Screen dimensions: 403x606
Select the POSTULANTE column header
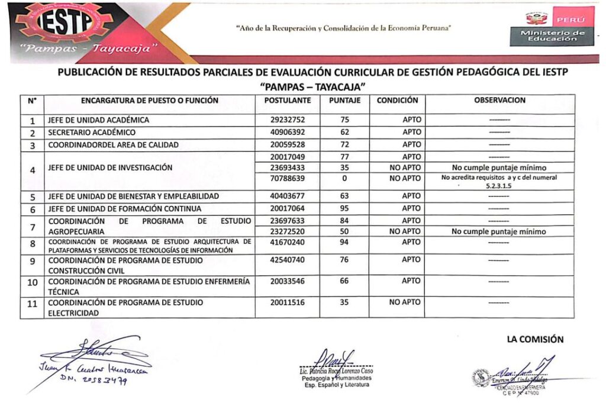287,101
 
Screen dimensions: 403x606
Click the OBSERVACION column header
499,101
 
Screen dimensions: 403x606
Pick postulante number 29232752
287,120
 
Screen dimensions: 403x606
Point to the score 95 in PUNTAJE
345,208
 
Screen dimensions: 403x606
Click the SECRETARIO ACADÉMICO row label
92,133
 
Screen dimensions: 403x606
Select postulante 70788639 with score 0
287,178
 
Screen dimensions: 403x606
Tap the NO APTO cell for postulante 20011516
405,302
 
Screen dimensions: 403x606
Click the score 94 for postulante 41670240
345,242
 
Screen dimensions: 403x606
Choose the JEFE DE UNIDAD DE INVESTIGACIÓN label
110,167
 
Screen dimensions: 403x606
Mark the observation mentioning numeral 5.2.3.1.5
499,181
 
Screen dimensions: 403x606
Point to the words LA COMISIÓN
535,340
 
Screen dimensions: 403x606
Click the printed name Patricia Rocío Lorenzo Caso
336,371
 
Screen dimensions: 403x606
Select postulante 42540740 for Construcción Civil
287,259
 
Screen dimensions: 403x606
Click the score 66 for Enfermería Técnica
345,281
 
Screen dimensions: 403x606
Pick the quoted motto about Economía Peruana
343,28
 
